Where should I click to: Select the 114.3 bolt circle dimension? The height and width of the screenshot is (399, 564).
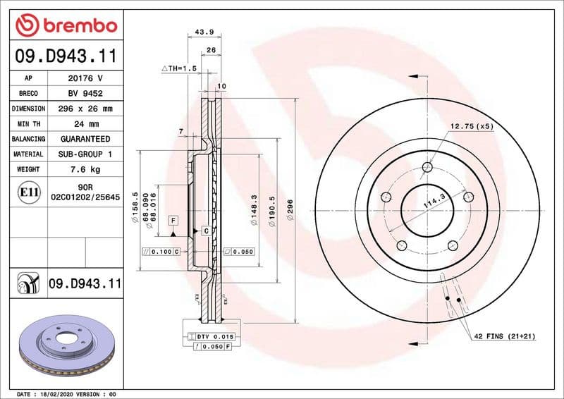pyautogui.click(x=431, y=205)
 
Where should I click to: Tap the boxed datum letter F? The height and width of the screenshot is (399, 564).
pyautogui.click(x=172, y=221)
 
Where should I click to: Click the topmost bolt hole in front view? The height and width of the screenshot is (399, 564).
pyautogui.click(x=427, y=167)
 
